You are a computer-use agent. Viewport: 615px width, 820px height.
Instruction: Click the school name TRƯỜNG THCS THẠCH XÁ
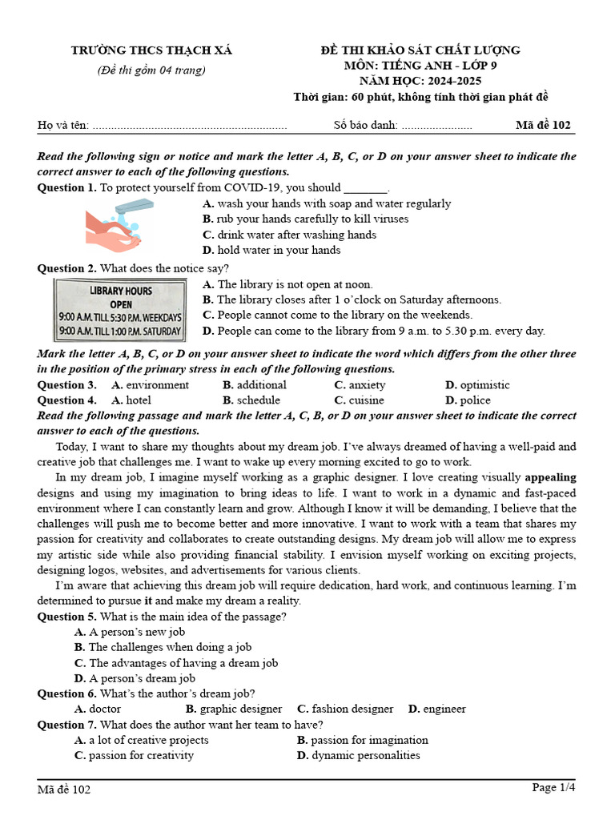click(151, 50)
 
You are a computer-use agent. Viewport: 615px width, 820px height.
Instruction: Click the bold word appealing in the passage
click(550, 477)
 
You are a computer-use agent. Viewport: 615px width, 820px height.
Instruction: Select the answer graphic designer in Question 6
click(240, 709)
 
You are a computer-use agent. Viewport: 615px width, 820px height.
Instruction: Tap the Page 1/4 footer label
click(553, 788)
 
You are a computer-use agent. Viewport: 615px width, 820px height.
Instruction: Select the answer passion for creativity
click(140, 755)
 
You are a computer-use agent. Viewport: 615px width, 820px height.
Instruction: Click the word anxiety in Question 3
click(367, 385)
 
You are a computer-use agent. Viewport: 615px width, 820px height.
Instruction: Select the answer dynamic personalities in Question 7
click(365, 755)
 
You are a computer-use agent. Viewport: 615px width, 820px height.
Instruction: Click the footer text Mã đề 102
click(64, 790)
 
